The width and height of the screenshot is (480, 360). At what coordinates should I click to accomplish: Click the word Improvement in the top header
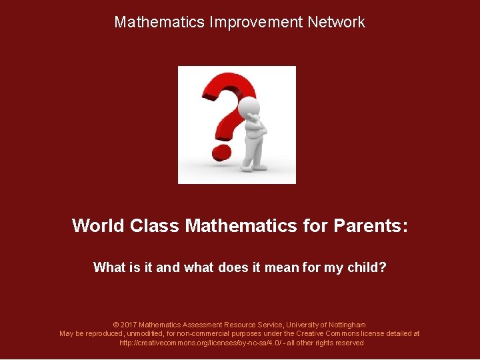[256, 22]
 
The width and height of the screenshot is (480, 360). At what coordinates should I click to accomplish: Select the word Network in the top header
[336, 22]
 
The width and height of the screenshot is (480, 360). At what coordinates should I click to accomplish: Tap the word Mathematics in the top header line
[159, 22]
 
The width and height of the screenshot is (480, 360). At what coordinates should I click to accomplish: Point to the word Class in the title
[155, 226]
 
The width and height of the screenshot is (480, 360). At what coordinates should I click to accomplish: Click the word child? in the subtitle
[366, 268]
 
